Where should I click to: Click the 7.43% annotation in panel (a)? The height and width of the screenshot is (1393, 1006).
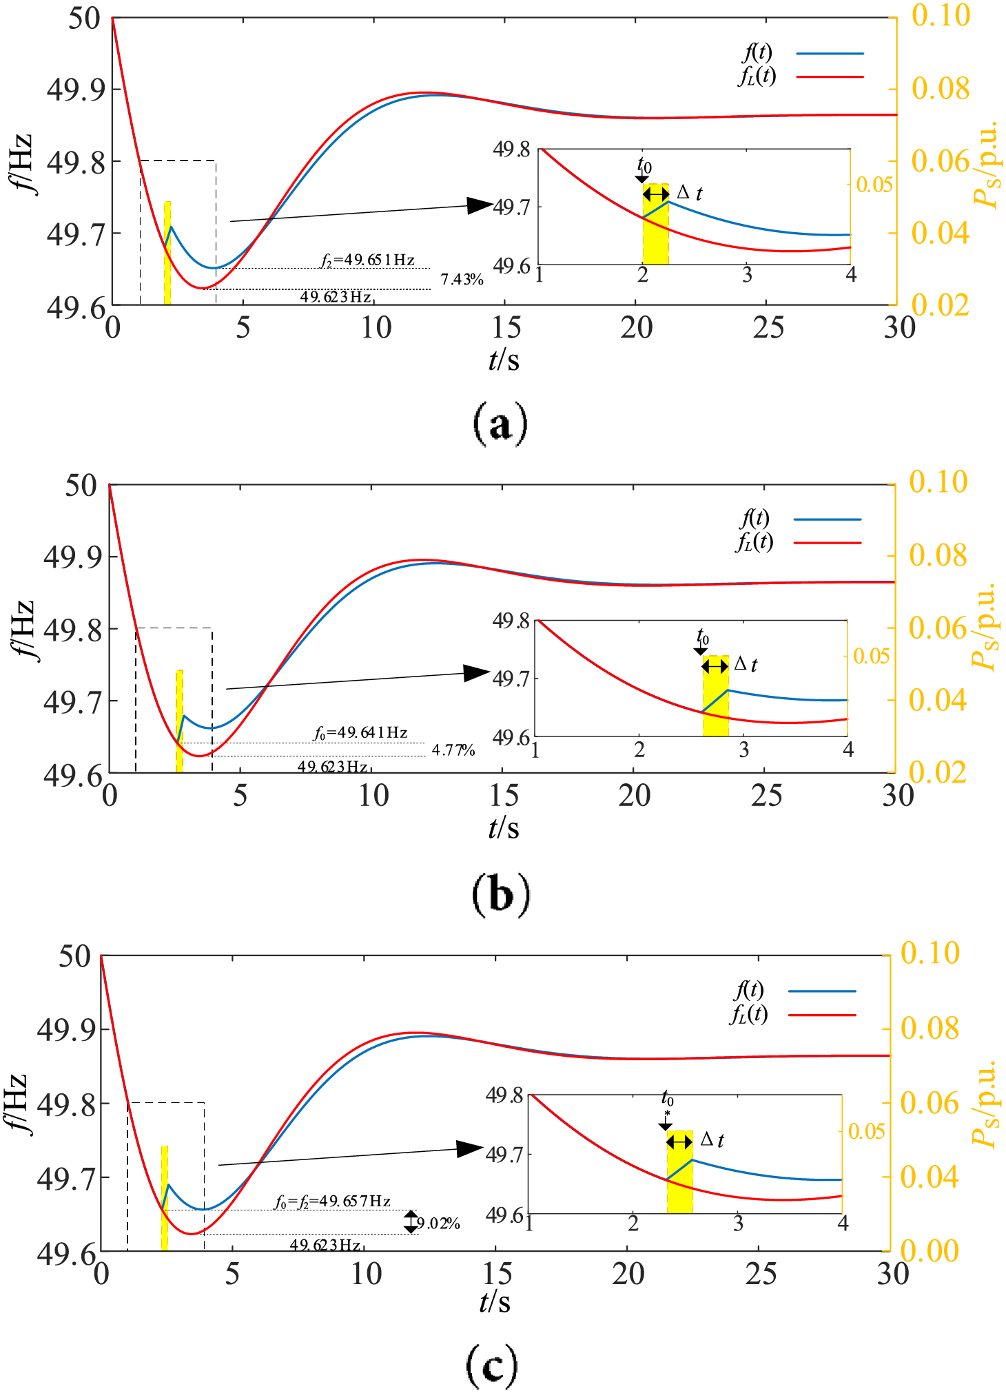tap(462, 280)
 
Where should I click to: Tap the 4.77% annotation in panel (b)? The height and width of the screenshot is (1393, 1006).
tap(453, 750)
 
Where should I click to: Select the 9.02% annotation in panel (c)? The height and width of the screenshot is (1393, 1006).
tap(438, 1224)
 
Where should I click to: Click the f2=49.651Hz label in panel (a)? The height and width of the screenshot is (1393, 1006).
tap(368, 260)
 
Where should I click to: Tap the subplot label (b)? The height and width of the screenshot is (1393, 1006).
tap(501, 895)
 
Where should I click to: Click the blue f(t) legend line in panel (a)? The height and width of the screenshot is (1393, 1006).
tap(830, 53)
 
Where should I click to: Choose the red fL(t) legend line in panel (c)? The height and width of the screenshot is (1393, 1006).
tap(821, 1015)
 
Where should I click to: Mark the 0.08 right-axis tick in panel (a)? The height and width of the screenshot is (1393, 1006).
tap(941, 89)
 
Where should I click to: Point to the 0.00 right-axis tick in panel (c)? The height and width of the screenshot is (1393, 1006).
tap(929, 1250)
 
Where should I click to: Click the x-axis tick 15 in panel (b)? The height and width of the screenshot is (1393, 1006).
tap(504, 796)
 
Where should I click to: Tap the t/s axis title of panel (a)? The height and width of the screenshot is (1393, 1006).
tap(504, 359)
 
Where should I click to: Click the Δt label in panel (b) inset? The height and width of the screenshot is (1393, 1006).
tap(746, 664)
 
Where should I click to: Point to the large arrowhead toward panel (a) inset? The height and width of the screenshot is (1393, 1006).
tap(480, 205)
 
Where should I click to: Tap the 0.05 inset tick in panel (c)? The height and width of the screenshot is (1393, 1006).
tap(866, 1131)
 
